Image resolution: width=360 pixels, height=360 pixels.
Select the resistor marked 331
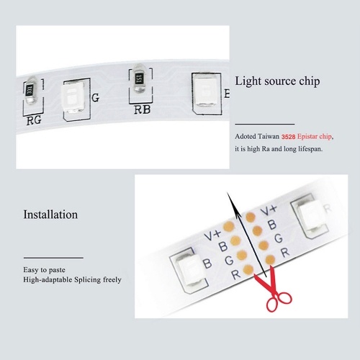pos(30,90)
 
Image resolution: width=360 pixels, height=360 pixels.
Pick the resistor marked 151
pos(139,78)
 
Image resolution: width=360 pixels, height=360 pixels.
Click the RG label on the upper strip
pos(34,120)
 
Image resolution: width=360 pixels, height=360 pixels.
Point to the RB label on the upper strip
pos(143,109)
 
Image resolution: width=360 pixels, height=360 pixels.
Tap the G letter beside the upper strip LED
pos(95,98)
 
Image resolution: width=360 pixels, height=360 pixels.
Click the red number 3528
pos(288,137)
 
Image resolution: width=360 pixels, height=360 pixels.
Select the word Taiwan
pos(268,136)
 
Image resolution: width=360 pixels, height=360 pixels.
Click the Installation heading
pos(50,215)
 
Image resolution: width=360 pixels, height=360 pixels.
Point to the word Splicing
pos(88,280)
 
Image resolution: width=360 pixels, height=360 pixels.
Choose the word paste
pos(57,270)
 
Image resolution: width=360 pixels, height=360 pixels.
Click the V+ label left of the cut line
pos(212,235)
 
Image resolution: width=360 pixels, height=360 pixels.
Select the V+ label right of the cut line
pos(269,210)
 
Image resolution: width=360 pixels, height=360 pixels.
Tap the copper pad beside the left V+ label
pos(229,226)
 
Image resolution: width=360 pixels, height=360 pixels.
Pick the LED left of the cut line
pos(190,270)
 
